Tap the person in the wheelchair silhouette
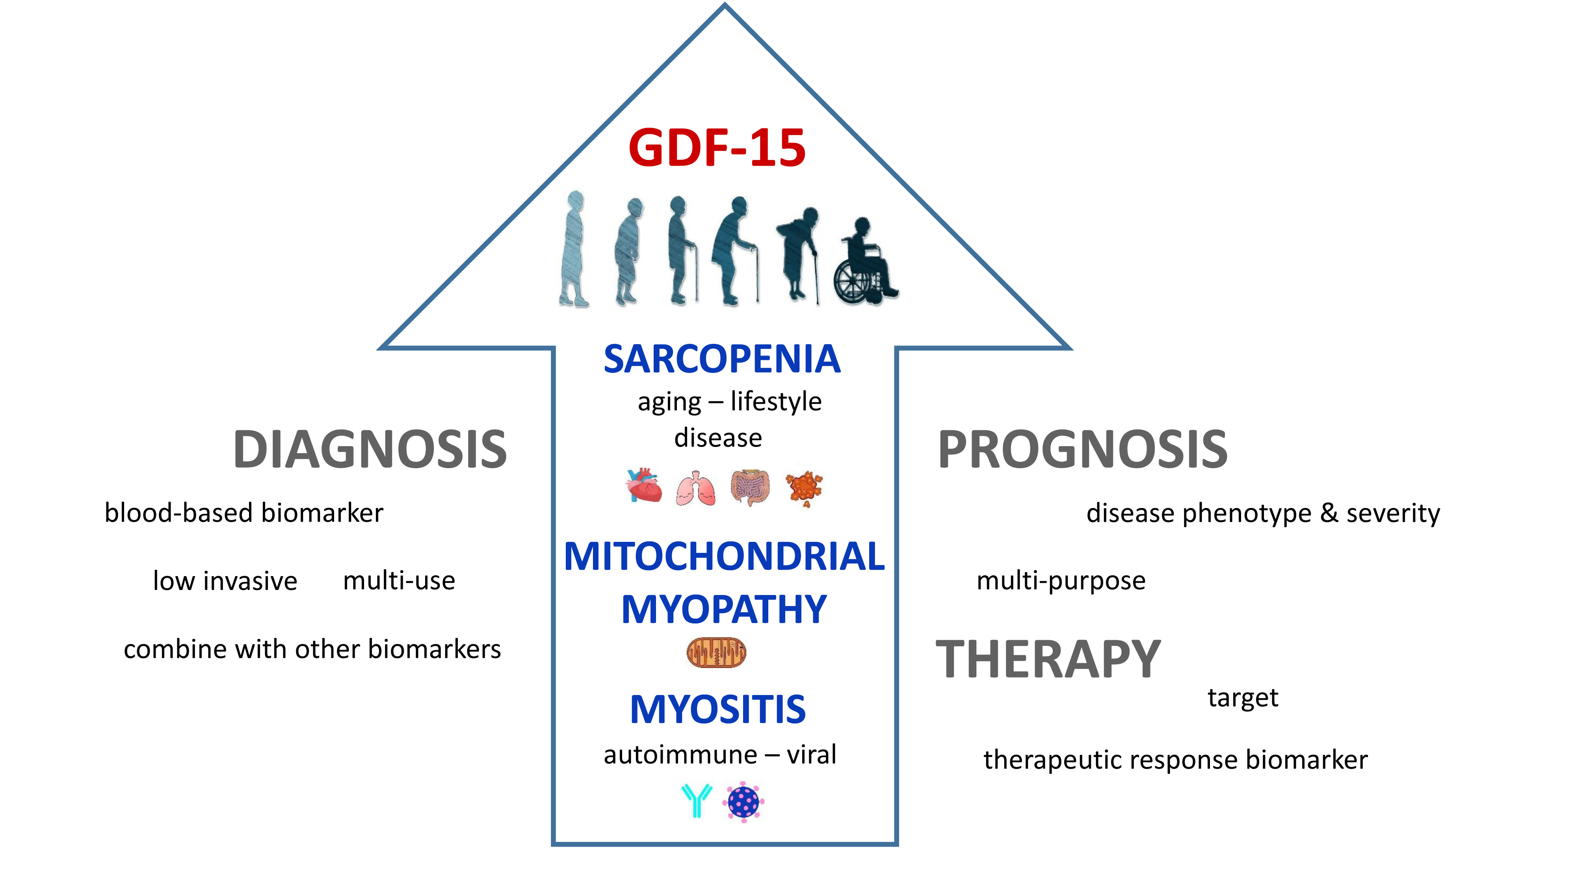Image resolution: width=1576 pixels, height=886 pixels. point(864,264)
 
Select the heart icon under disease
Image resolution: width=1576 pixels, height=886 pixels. point(644,486)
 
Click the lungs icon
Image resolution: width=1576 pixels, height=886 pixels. point(696,488)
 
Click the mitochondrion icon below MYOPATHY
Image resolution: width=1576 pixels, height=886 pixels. point(716,652)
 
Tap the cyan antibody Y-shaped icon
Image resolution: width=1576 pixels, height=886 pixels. point(696,801)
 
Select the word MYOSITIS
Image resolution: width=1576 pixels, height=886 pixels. point(717,710)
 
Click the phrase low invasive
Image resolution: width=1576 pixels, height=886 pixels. point(225,581)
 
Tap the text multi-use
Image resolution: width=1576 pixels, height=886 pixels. point(399,580)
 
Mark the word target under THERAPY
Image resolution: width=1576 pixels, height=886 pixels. point(1242,698)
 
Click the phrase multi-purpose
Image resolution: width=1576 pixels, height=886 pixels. point(1060,581)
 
